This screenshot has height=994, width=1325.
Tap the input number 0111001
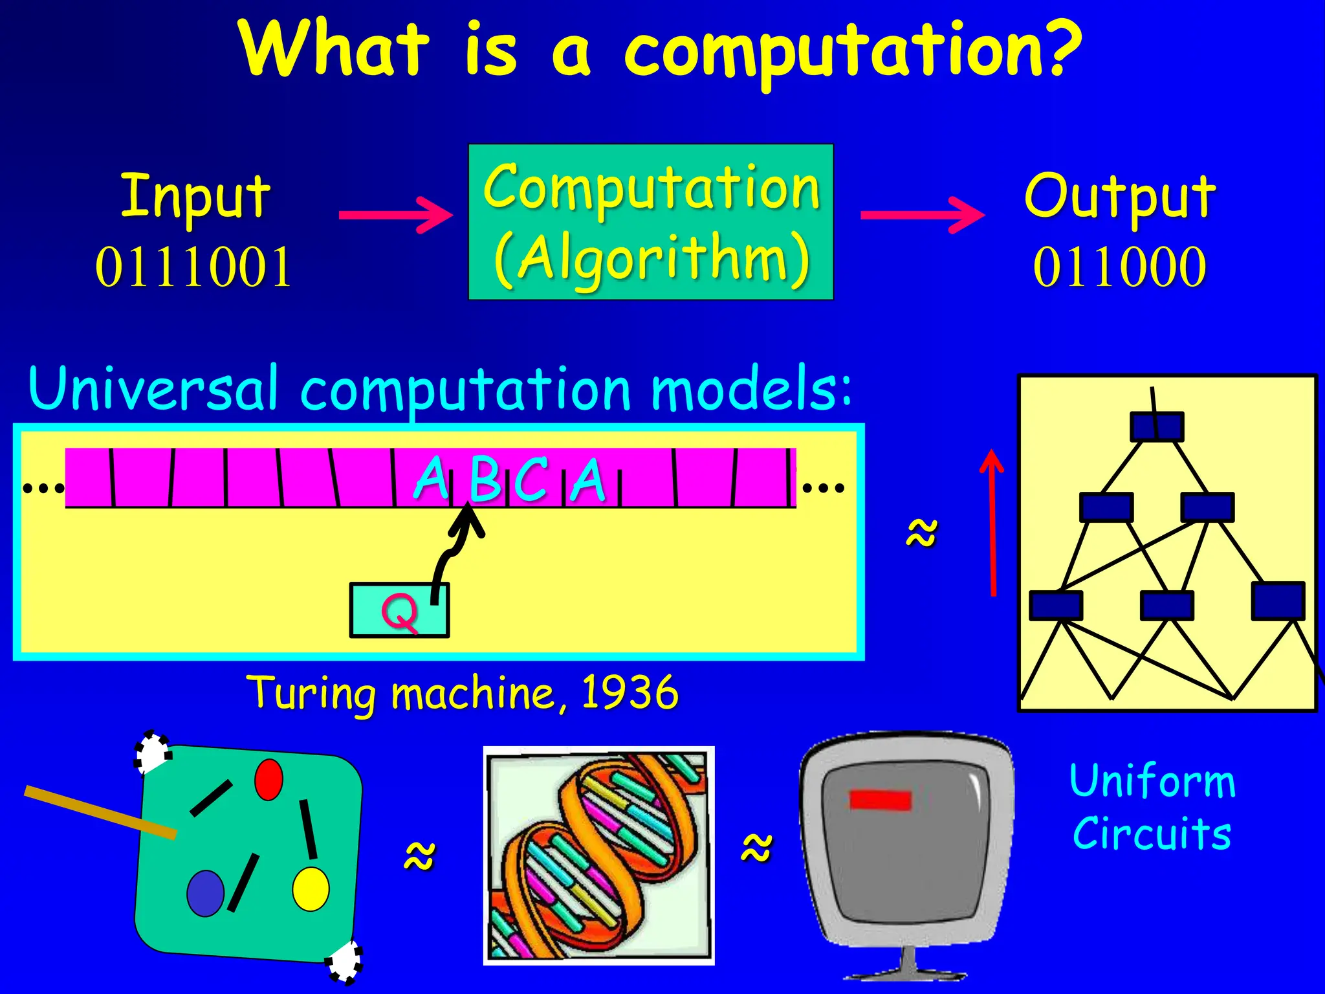193,267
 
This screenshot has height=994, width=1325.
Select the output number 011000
1119,267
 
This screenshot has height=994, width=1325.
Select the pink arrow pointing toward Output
922,215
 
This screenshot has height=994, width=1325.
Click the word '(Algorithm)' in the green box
652,259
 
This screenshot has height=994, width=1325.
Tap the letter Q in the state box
399,612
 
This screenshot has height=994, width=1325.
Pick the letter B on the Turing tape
485,480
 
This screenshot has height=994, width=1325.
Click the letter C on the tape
532,480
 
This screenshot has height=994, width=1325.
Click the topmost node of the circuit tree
1157,427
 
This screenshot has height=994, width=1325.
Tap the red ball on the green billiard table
268,780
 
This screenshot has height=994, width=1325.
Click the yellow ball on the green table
311,889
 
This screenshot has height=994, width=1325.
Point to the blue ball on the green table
205,893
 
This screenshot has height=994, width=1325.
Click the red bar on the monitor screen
880,800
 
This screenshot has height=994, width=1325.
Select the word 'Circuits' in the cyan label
1152,834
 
